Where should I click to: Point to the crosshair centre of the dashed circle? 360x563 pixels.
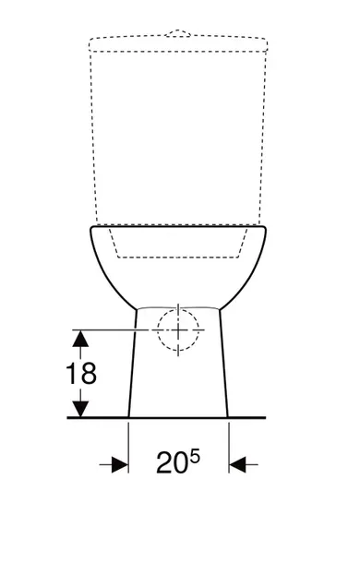coord(177,330)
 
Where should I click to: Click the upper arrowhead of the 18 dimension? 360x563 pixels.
coord(82,340)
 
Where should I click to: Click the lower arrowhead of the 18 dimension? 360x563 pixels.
coord(82,407)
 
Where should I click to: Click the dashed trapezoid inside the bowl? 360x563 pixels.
coord(178,256)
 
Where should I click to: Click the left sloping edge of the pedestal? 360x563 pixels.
coord(132,365)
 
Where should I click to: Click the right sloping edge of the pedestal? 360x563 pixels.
coord(223,365)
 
